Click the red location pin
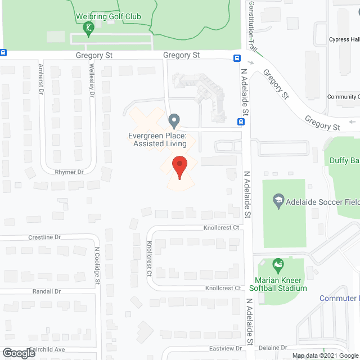pos(179,167)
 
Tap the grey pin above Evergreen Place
pos(174,120)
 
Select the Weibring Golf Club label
pos(108,17)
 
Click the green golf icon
pos(88,27)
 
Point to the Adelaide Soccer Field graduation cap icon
pos(278,200)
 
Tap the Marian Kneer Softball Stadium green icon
pos(277,264)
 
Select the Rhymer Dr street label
pos(70,172)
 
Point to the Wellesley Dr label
pos(91,80)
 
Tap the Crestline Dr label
pos(44,237)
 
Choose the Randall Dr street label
pos(47,291)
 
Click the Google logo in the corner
pos(18,353)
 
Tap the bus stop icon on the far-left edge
pos(3,53)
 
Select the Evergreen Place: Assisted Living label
pos(157,139)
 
